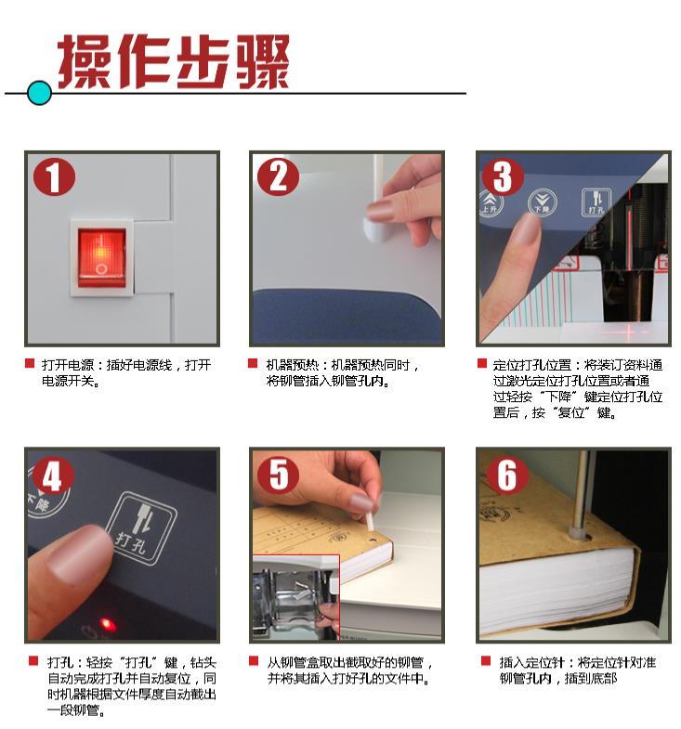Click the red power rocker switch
pos(101,257)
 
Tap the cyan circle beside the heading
pos(39,93)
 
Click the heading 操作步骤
pos(174,61)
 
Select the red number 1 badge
pos(54,177)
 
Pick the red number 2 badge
pos(278,176)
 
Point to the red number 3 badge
pos(503,176)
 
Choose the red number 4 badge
pos(52,475)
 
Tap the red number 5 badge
pos(278,475)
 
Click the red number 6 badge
pos(507,475)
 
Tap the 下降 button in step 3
pos(543,202)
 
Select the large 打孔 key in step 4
pos(141,527)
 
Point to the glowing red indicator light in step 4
pos(108,623)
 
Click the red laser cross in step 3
pos(630,332)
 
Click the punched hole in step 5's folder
pos(373,541)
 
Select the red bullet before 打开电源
pos(30,363)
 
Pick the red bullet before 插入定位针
pos(486,660)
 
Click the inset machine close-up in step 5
pos(295,597)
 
